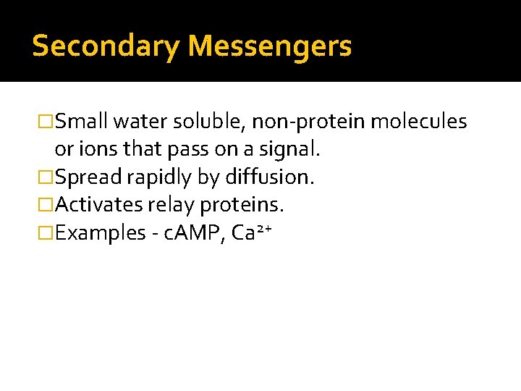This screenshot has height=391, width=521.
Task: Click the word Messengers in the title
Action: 270,46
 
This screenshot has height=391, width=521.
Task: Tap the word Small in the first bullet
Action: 81,122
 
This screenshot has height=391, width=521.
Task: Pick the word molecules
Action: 419,122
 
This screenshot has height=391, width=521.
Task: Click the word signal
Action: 292,150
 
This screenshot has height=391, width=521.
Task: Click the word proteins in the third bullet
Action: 242,206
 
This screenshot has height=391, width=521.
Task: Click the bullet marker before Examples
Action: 46,233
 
